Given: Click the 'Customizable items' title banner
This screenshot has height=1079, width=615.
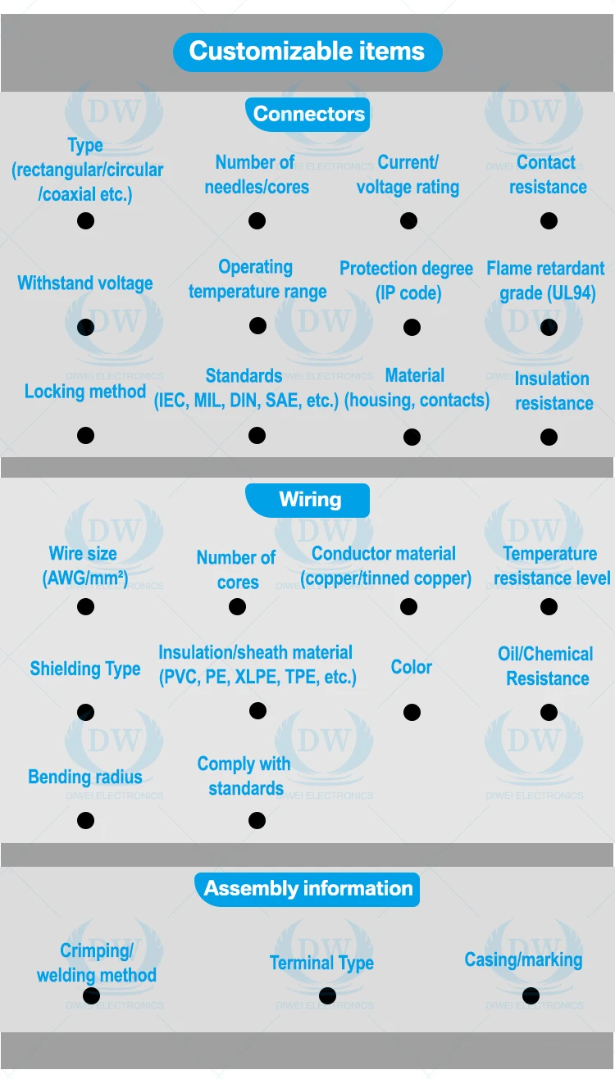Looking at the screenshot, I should tap(307, 52).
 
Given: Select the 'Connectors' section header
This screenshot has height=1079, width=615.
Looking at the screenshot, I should tap(308, 114).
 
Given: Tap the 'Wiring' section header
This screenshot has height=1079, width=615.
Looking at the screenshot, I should tap(309, 500).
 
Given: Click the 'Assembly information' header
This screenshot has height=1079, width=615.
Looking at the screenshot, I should tap(307, 889).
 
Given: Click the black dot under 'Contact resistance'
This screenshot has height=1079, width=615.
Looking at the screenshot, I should tap(549, 220).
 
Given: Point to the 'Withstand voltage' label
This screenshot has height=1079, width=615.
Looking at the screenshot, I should tap(85, 283).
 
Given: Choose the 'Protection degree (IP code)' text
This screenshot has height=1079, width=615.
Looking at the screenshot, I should tap(407, 280).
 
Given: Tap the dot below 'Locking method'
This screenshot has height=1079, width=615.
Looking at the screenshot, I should tap(85, 435).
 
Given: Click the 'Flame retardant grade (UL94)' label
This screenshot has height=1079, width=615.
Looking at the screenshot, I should tap(546, 280).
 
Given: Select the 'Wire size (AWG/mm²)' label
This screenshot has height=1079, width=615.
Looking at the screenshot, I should tap(84, 565).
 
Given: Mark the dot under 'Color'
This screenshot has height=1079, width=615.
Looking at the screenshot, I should tap(412, 712).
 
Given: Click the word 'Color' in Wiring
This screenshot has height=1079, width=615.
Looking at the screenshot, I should tap(412, 667).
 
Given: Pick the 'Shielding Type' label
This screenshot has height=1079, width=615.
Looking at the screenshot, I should tap(85, 669).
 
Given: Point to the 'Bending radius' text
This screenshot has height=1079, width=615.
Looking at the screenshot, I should tap(85, 777).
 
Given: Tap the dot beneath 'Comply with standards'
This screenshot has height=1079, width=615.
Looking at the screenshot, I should tap(257, 820).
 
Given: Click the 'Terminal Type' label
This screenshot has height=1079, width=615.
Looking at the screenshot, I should tap(321, 963).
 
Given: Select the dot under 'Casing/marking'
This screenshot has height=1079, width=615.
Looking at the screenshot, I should tap(531, 995).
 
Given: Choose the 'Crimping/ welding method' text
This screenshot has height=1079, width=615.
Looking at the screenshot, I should tap(96, 963).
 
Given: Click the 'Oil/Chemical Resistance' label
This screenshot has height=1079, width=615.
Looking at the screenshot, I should tap(546, 666).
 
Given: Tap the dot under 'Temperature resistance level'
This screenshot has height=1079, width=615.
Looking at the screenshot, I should tap(549, 606).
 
